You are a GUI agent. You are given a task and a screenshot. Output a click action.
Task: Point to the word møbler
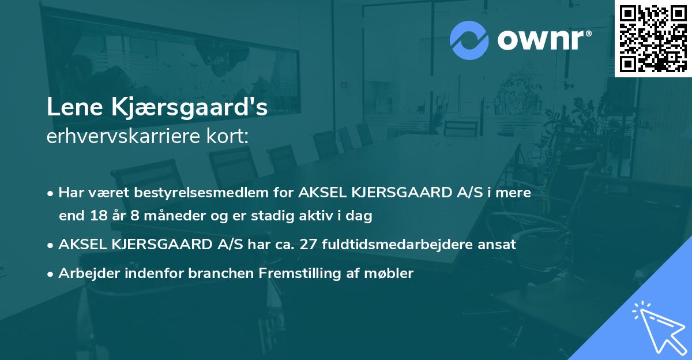click(x=394, y=273)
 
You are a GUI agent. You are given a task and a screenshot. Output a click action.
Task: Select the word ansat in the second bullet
click(x=499, y=245)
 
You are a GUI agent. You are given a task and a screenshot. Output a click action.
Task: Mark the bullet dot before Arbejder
click(x=51, y=274)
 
